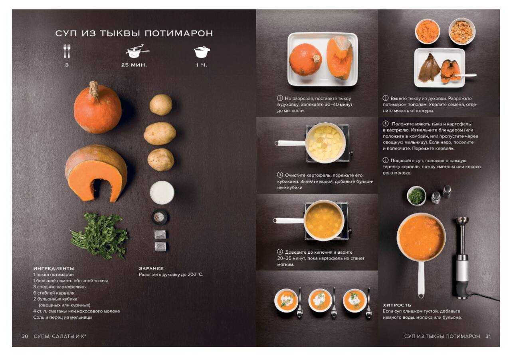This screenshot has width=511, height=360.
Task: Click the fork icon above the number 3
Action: click(67, 51)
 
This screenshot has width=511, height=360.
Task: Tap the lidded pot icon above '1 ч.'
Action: click(202, 52)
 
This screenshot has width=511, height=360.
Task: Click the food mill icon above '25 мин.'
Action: click(137, 51)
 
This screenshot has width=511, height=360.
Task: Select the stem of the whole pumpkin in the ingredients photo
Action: click(94, 89)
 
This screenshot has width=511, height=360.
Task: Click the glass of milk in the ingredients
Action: click(162, 193)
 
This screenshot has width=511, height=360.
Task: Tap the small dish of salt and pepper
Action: click(159, 217)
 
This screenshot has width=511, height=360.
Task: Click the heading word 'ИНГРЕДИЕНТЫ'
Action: click(54, 269)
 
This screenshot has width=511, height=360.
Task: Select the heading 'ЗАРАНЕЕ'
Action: click(151, 269)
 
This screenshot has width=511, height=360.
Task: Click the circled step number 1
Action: click(280, 98)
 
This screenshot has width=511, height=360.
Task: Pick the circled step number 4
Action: click(280, 252)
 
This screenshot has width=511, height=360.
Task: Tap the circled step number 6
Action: click(385, 160)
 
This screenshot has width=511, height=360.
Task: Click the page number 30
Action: click(25, 336)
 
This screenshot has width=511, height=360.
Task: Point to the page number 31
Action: click(488, 336)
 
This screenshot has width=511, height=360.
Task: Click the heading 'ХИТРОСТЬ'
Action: click(397, 305)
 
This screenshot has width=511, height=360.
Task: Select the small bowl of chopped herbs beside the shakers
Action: click(416, 196)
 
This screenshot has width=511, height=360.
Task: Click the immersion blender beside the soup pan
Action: click(462, 258)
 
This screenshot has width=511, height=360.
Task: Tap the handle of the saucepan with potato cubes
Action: click(290, 143)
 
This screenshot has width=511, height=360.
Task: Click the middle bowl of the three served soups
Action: click(320, 300)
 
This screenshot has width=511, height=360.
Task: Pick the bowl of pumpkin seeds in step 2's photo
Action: click(462, 31)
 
